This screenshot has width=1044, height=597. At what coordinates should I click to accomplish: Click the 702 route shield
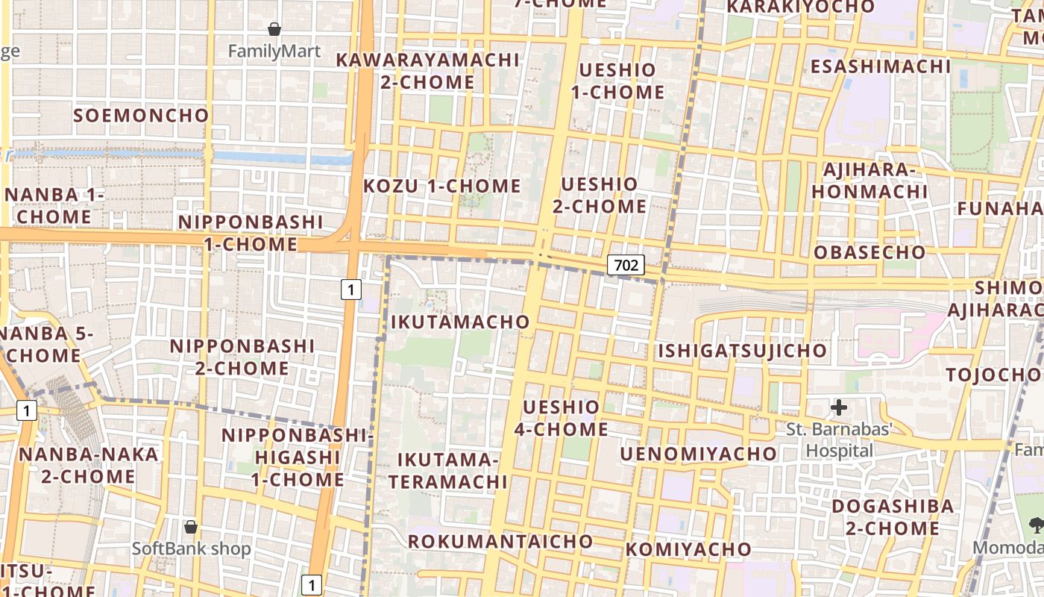(626, 264)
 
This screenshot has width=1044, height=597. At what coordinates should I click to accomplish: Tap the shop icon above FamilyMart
(274, 29)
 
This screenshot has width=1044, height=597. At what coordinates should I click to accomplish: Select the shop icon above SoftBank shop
(191, 526)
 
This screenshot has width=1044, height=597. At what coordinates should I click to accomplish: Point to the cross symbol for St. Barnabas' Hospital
(839, 407)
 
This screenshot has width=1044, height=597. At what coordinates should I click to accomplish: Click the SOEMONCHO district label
(141, 116)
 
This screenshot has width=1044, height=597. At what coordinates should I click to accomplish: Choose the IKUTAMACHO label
(460, 322)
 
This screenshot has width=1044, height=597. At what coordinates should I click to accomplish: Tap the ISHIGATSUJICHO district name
(742, 351)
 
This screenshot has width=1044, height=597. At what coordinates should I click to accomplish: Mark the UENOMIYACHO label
(698, 454)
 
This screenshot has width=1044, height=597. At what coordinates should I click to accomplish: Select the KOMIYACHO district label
(688, 550)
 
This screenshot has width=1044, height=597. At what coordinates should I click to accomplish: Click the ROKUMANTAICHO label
(500, 542)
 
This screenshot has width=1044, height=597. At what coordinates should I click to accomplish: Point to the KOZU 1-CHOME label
(442, 187)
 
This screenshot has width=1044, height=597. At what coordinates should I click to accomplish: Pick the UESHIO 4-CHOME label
(562, 418)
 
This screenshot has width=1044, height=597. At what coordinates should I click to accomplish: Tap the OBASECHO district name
(870, 252)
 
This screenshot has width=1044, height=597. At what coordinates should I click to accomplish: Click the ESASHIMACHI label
(881, 66)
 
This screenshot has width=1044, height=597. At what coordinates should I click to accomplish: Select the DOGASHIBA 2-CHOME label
(893, 517)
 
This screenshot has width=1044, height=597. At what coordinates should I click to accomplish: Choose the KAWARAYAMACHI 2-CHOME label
(427, 71)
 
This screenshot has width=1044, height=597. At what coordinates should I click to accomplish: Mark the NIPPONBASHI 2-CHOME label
(242, 357)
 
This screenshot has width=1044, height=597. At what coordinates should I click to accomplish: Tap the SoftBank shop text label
(192, 548)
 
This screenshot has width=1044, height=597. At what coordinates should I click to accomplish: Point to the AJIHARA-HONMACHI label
(870, 181)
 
